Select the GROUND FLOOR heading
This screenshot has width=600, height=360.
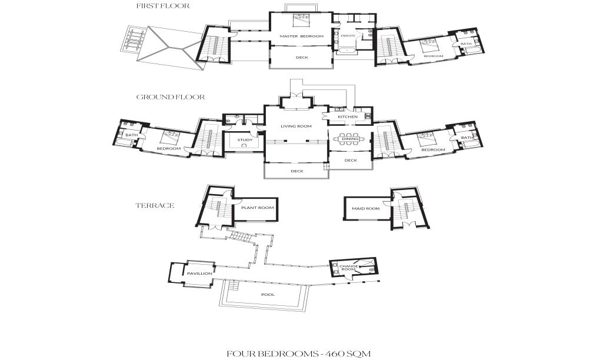click(171, 97)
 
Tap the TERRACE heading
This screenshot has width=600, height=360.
click(155, 206)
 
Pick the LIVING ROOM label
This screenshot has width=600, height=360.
click(295, 125)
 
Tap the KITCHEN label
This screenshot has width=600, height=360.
click(347, 116)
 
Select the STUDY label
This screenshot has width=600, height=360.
click(245, 140)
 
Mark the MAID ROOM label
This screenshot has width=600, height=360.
click(365, 208)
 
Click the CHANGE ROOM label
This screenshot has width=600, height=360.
click(349, 268)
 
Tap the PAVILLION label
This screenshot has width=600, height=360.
click(196, 274)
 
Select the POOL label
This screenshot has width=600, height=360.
click(268, 295)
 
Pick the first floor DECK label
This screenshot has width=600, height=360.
click(302, 57)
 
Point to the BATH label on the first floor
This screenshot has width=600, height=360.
click(465, 44)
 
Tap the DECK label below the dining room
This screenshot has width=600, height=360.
click(351, 160)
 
